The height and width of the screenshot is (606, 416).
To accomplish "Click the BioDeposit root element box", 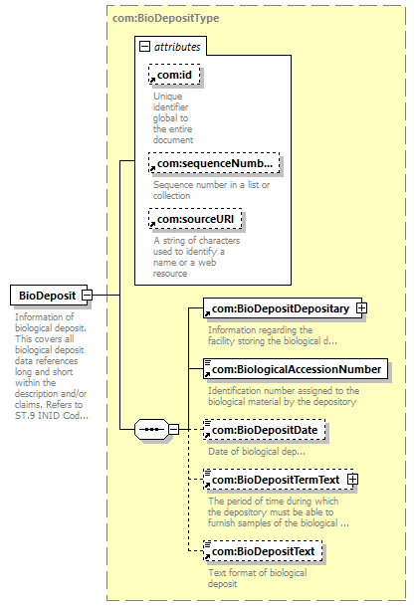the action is coord(49,296).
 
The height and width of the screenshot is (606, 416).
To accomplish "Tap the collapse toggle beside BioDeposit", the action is coord(88,296).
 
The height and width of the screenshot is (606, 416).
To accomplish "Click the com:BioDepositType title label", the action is coord(165,18).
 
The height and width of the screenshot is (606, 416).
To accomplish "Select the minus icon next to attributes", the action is coord(144,47).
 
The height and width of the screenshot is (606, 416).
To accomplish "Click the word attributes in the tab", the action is coord(177,47).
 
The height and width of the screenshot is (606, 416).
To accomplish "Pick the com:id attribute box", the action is coord(174,75).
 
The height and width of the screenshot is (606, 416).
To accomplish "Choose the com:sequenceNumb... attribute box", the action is coord(214,163).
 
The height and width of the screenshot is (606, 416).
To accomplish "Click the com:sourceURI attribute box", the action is coord(195,219).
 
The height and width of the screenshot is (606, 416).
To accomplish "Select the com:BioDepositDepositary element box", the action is coord(283,308).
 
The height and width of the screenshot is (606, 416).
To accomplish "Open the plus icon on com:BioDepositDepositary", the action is coord(362,308).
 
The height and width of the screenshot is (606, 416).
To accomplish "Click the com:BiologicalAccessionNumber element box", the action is coord(296,369).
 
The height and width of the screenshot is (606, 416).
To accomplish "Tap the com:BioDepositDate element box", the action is coord(265,430).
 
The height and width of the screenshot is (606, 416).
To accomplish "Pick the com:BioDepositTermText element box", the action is coord(279,480).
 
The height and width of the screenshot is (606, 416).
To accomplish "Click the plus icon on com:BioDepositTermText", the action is coord(352,480).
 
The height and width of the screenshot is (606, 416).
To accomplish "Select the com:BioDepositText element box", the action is coord(263,551).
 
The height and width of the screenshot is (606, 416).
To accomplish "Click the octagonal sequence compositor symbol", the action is coord(151,429).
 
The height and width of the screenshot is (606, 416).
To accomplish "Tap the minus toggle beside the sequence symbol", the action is coord(174,429).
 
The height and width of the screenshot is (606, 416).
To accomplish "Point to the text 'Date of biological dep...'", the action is coord(257,452).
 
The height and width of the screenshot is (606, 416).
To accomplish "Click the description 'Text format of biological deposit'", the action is coord(258,578).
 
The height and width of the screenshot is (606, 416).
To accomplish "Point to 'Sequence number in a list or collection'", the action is coord(211,190).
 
